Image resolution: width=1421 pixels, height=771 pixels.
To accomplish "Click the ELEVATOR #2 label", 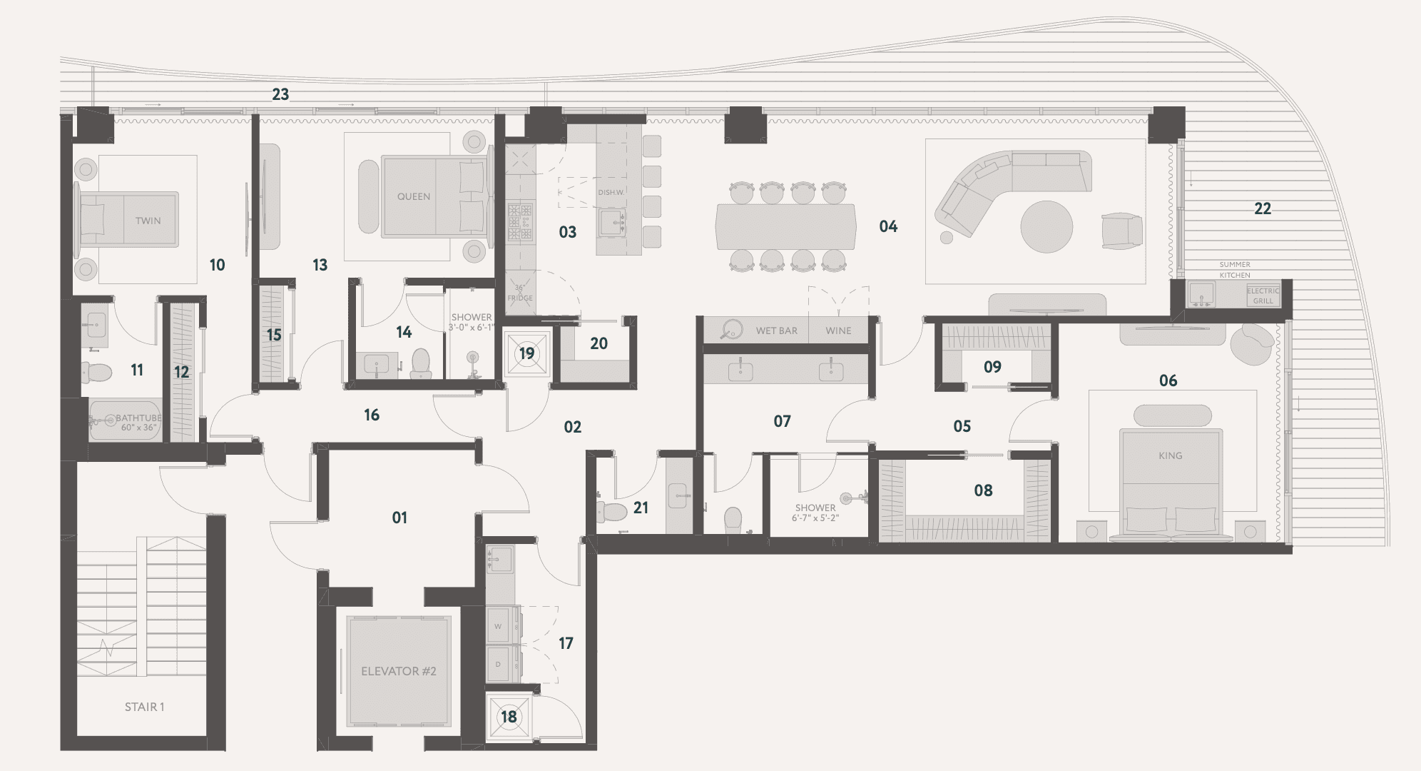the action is pyautogui.click(x=399, y=671).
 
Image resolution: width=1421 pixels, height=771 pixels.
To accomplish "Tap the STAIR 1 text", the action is pyautogui.click(x=145, y=707).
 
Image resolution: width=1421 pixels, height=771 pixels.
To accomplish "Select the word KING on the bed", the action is pyautogui.click(x=1171, y=455).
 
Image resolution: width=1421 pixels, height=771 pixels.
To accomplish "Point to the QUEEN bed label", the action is pyautogui.click(x=414, y=196).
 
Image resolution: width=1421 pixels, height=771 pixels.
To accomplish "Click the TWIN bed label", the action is pyautogui.click(x=148, y=221).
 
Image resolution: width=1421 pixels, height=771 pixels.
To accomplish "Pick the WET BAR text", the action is pyautogui.click(x=777, y=331).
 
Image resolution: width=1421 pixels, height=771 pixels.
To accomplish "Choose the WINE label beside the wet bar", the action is pyautogui.click(x=838, y=331).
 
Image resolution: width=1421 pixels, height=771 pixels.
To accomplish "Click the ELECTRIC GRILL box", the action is pyautogui.click(x=1263, y=296).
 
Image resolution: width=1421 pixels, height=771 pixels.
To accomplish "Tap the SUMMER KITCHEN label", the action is pyautogui.click(x=1235, y=270).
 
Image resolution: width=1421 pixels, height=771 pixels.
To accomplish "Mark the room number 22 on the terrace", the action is pyautogui.click(x=1263, y=208).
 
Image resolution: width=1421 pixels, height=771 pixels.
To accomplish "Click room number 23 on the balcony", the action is pyautogui.click(x=280, y=94).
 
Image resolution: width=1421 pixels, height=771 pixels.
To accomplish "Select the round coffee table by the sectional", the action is pyautogui.click(x=1046, y=227).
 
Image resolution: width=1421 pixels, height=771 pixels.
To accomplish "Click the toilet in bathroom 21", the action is pyautogui.click(x=612, y=510).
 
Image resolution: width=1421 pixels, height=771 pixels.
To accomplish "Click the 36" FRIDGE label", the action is pyautogui.click(x=520, y=293).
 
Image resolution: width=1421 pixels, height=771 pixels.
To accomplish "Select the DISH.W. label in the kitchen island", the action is pyautogui.click(x=611, y=193).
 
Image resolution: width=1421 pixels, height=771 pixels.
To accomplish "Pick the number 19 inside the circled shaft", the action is pyautogui.click(x=526, y=353).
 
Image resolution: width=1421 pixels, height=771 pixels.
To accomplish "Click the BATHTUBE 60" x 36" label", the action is pyautogui.click(x=138, y=423).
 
